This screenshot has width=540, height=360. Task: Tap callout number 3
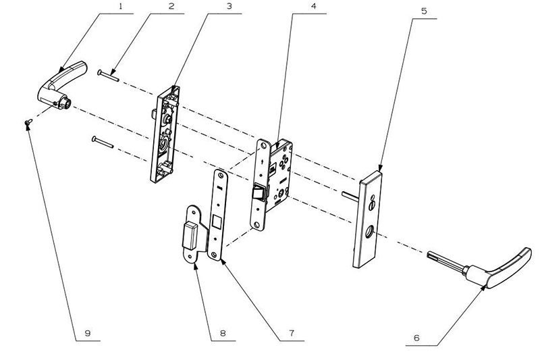(x=229, y=7)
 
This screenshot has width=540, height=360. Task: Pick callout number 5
(x=424, y=11)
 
